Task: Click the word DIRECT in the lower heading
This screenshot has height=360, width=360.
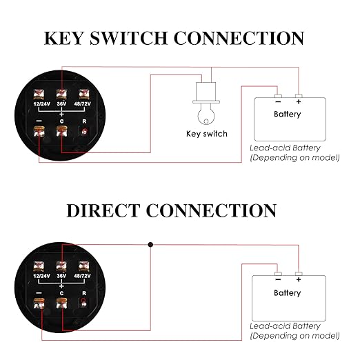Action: (x=103, y=210)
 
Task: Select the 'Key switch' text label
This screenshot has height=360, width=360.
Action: (x=207, y=134)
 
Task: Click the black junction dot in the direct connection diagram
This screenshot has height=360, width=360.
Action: (x=150, y=245)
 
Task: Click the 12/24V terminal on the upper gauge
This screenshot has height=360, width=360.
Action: (x=39, y=94)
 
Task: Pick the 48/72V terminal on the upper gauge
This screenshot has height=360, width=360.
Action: (x=84, y=94)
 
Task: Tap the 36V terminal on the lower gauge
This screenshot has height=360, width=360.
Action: (x=61, y=266)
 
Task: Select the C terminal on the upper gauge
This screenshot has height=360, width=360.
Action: (x=61, y=132)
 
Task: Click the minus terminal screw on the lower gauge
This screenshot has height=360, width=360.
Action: (x=39, y=303)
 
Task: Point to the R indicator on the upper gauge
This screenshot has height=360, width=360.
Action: (x=84, y=132)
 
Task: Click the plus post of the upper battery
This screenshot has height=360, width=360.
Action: (x=299, y=96)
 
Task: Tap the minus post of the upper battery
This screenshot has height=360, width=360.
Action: (x=278, y=96)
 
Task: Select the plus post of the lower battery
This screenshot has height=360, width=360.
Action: (x=299, y=274)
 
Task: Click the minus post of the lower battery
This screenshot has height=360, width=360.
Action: (x=278, y=274)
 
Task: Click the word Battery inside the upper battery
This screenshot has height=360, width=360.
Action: (x=288, y=114)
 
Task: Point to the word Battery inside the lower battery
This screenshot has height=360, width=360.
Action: (x=288, y=292)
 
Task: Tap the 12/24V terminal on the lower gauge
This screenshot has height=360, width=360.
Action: (x=39, y=266)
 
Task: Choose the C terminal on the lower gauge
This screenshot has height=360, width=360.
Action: (x=61, y=303)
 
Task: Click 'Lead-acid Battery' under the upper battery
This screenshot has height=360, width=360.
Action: (x=285, y=148)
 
